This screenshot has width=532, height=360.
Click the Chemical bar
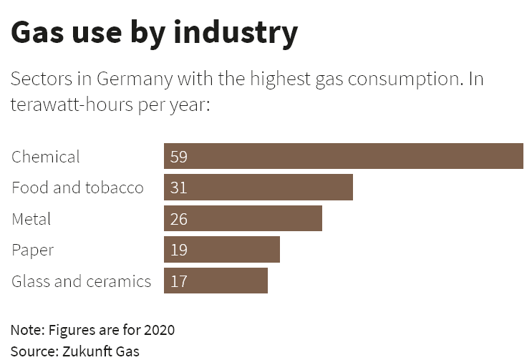344,156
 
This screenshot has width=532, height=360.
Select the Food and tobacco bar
258,188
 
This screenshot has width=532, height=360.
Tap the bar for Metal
243,218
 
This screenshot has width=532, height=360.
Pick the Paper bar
222,250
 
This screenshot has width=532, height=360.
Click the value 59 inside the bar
179,157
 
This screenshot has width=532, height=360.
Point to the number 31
179,188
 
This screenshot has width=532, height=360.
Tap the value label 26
179,219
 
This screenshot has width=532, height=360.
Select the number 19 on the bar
179,250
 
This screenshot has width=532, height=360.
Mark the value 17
179,281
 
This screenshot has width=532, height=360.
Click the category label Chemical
46,157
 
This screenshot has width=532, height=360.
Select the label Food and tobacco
77,188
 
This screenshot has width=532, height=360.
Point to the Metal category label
32,219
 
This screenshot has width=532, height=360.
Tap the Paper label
33,250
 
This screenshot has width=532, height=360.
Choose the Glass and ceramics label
81,281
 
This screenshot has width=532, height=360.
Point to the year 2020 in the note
159,330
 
